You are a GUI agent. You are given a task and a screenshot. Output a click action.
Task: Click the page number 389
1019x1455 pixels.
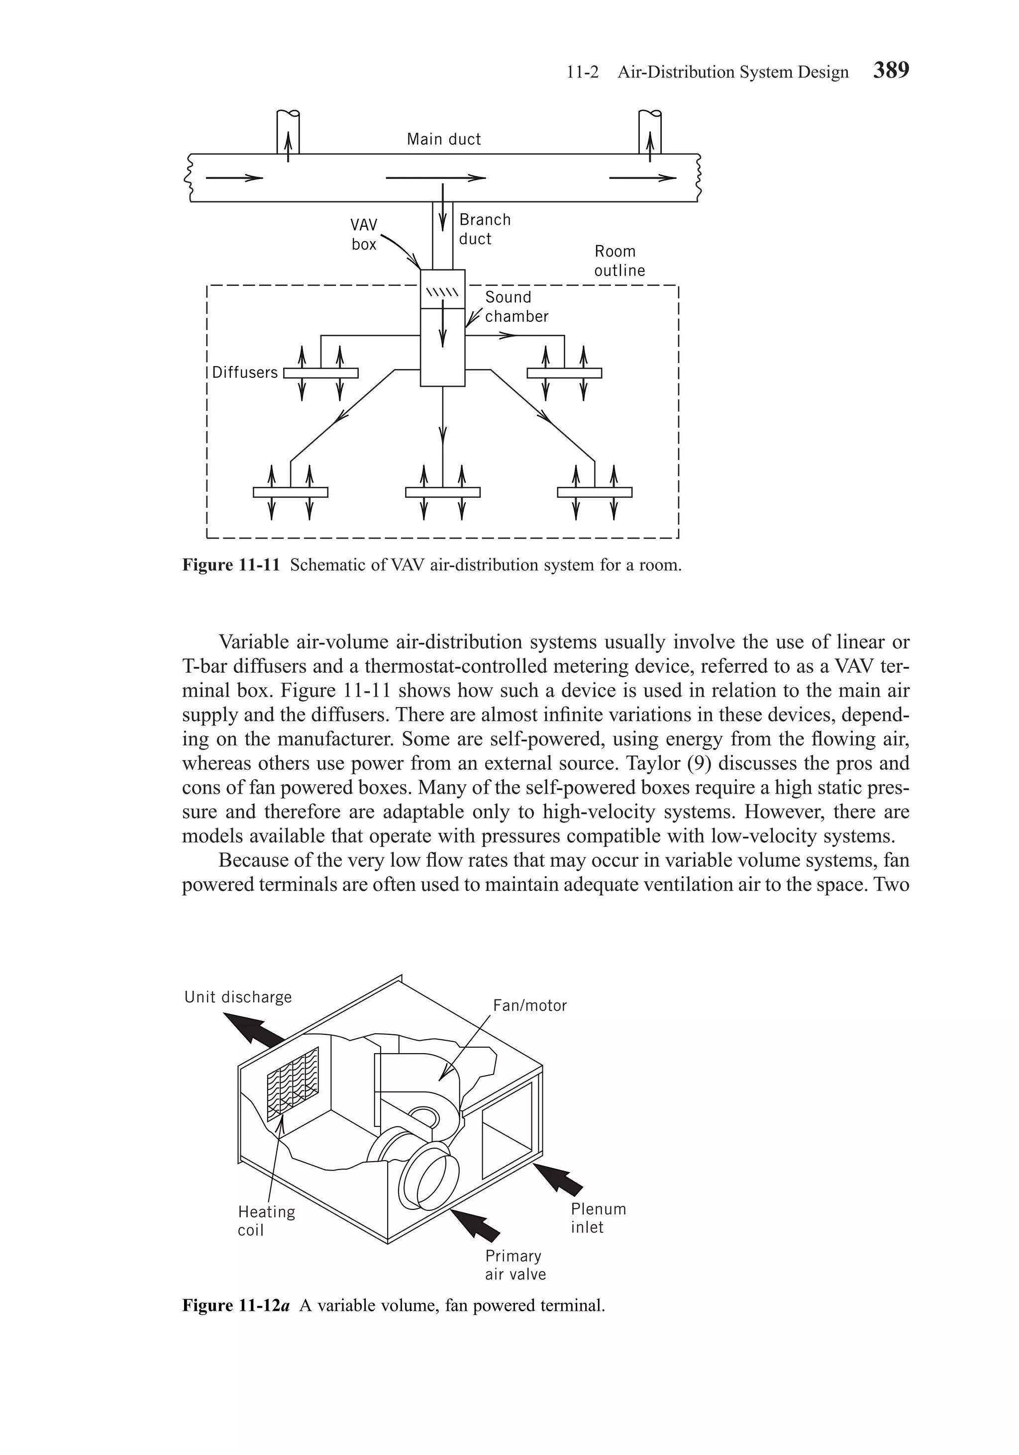(891, 70)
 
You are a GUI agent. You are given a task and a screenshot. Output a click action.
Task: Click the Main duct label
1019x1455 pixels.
(443, 139)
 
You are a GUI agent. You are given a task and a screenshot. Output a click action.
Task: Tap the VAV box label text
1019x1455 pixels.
(364, 235)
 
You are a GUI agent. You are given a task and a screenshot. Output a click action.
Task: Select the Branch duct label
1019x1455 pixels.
(485, 229)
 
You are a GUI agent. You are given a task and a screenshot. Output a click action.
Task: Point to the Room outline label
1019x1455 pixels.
(619, 261)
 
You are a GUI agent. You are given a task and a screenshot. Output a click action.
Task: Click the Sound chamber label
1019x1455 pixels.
(516, 307)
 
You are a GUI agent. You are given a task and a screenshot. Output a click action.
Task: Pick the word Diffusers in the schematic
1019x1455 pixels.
(245, 372)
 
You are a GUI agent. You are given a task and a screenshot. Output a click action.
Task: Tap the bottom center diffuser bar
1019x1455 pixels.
(443, 492)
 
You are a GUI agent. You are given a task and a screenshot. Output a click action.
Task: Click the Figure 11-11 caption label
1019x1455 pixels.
(231, 565)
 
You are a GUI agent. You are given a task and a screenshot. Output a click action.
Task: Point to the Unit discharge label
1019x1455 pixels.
(238, 997)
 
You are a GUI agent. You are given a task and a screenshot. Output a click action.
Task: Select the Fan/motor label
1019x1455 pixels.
(529, 1005)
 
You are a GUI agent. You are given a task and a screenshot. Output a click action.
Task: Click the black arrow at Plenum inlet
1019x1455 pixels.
(558, 1180)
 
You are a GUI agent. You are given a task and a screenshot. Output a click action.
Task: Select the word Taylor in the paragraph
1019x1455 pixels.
(658, 764)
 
